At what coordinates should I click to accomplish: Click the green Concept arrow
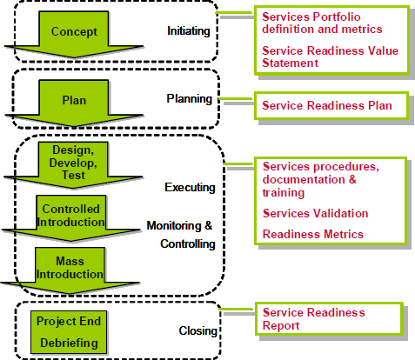pos(73,33)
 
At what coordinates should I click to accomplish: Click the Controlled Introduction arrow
pos(70,216)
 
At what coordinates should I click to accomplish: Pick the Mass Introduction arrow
pos(70,266)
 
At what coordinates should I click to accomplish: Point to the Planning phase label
pos(190,98)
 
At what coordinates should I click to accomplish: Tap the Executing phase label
pos(189,187)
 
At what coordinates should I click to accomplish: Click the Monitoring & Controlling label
pos(179,235)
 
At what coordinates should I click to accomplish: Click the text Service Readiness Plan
pos(326,106)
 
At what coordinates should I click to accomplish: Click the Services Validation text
pos(314,213)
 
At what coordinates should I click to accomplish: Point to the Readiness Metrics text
pos(312,234)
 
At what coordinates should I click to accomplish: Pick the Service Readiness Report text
pos(313,319)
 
